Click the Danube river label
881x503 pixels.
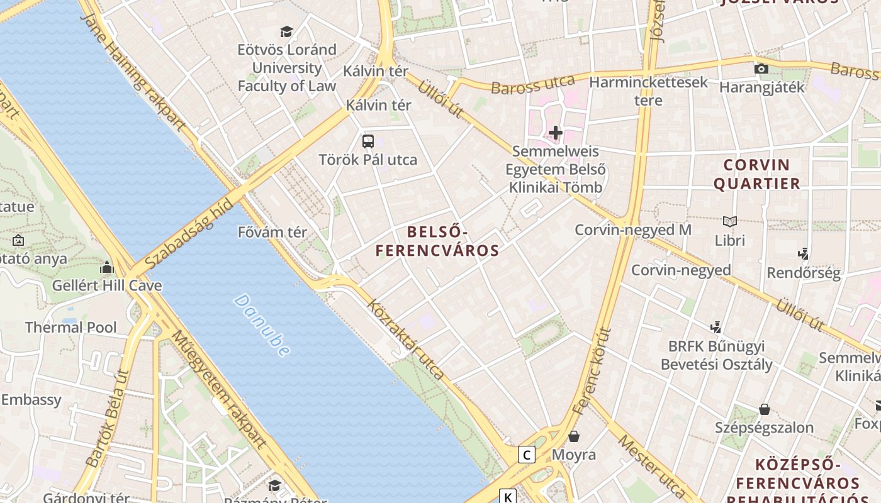pyautogui.click(x=262, y=324)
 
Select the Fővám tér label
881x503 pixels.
pyautogui.click(x=272, y=232)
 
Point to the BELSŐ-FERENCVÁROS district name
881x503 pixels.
pyautogui.click(x=437, y=241)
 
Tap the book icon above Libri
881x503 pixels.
pyautogui.click(x=730, y=221)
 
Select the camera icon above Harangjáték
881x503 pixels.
pyautogui.click(x=761, y=69)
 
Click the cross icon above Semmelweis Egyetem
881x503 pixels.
pyautogui.click(x=555, y=133)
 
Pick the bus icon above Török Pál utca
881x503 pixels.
pyautogui.click(x=368, y=141)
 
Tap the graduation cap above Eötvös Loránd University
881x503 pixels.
pyautogui.click(x=287, y=31)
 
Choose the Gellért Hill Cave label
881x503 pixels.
pyautogui.click(x=106, y=285)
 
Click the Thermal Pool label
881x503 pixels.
pyautogui.click(x=70, y=327)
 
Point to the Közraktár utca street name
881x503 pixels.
pyautogui.click(x=406, y=340)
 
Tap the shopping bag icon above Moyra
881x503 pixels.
pyautogui.click(x=574, y=436)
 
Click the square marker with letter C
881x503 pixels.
pyautogui.click(x=526, y=454)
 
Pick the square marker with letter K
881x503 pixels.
pyautogui.click(x=507, y=496)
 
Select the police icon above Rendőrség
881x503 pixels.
pyautogui.click(x=803, y=254)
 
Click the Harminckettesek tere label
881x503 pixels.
pyautogui.click(x=648, y=91)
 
